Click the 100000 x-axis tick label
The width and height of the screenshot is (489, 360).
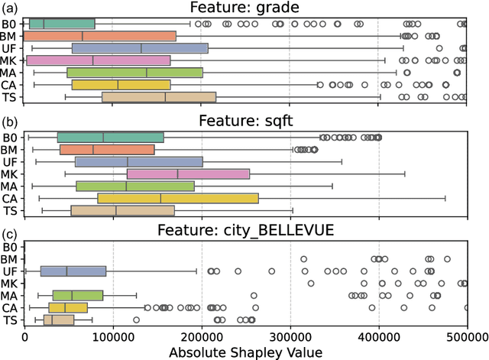tap(113, 336)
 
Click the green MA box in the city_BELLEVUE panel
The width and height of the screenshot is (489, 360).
tap(77, 295)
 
